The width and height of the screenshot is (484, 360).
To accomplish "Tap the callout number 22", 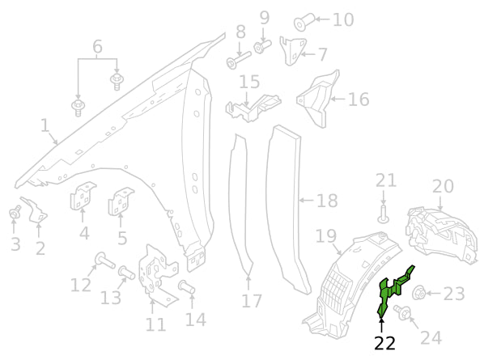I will (384, 343).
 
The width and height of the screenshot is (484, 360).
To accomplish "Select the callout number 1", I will (45, 125).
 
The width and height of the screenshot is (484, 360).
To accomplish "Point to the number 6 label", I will (97, 47).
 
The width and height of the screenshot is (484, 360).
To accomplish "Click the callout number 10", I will (343, 19).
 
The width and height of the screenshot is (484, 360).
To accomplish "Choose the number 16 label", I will (358, 99).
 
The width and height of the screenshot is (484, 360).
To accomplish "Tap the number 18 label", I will (326, 200).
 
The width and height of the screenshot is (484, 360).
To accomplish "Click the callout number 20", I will (443, 186).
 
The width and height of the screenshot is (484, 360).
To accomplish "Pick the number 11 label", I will (155, 324).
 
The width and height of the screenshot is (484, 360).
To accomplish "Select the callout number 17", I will (252, 301).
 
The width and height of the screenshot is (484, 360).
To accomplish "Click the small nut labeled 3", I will (14, 213).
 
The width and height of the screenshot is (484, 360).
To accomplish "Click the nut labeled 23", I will (420, 293).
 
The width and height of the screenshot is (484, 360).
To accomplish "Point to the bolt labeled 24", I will (401, 311).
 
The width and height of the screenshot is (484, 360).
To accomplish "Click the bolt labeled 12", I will (102, 260).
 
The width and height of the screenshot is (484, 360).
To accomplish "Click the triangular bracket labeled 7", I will (291, 50).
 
